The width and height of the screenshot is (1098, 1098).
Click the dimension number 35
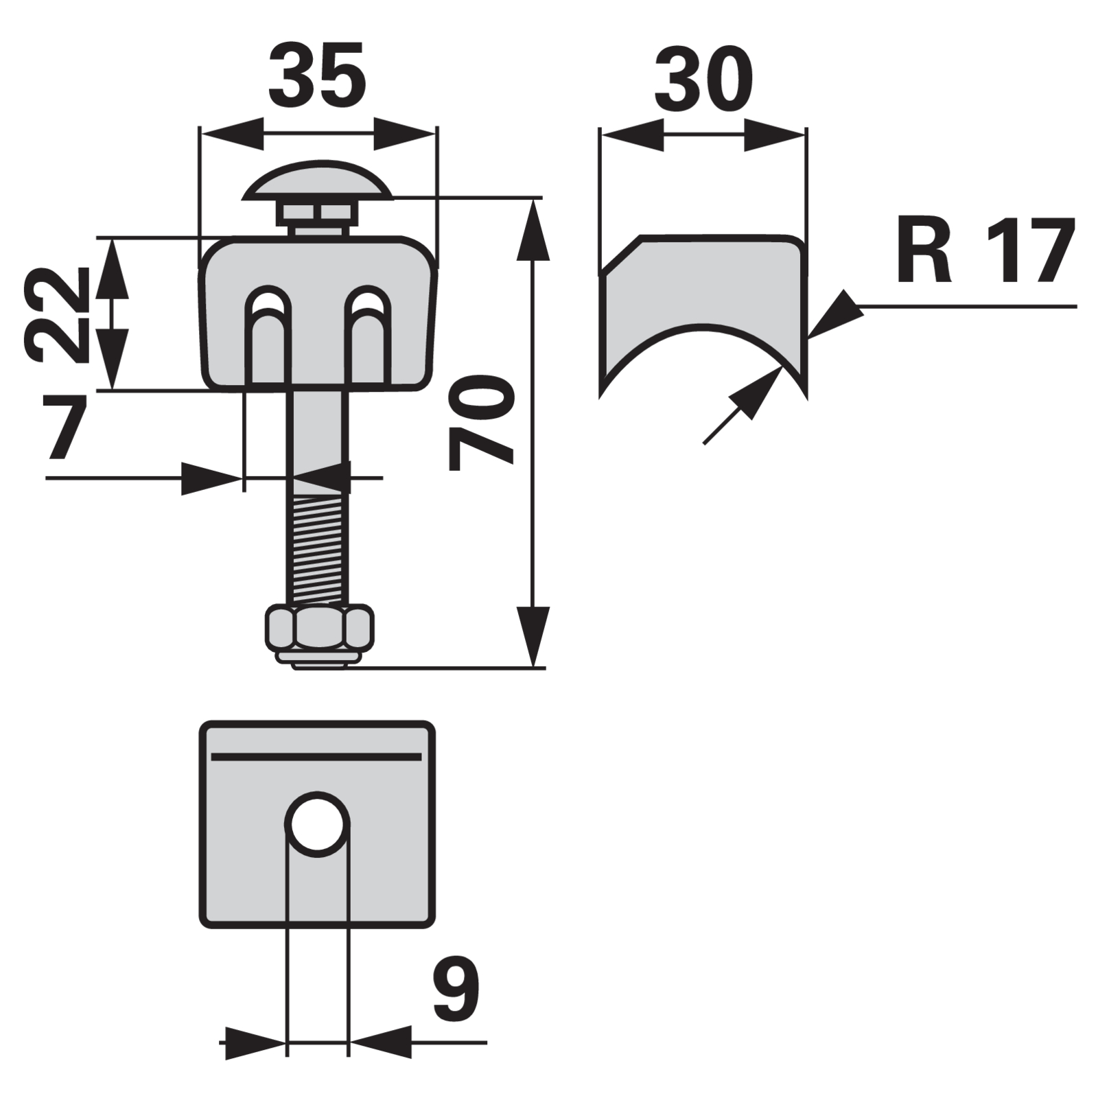(317, 75)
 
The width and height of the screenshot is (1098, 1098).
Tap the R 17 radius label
(985, 251)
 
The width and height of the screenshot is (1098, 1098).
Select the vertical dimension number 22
(57, 314)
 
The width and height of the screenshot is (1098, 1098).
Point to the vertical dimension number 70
(481, 423)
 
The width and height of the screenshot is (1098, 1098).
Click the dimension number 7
(67, 426)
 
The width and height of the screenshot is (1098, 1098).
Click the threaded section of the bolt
(318, 552)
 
